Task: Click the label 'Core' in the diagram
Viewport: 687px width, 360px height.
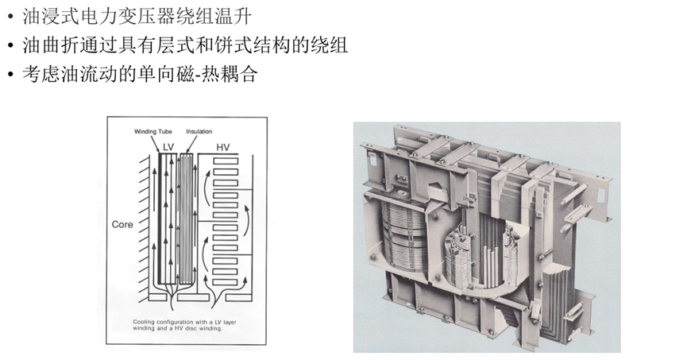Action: click(122, 225)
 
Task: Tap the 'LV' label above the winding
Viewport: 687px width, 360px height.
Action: click(168, 147)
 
